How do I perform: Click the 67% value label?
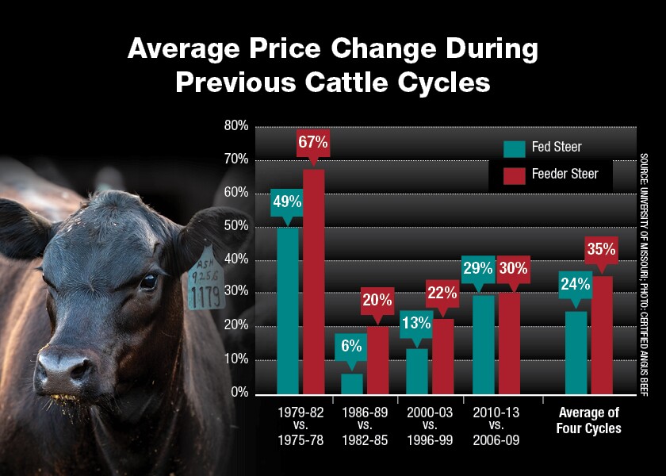[x=313, y=144]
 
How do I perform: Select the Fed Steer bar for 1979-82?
[x=288, y=309]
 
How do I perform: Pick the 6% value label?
[x=352, y=346]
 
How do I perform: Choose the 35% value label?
[x=601, y=250]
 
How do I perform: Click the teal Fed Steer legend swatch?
[x=515, y=148]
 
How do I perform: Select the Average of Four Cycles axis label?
[x=589, y=420]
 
